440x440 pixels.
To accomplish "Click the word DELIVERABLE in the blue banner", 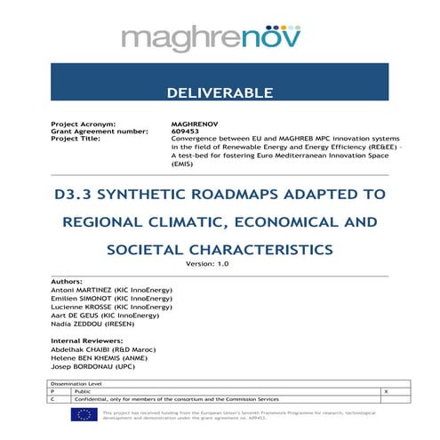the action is pos(219,93).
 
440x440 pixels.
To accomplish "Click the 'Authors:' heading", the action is pos(68,282).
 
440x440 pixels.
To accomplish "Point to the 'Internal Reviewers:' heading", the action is pos(87,340).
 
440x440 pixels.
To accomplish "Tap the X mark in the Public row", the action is pos(385,390).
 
